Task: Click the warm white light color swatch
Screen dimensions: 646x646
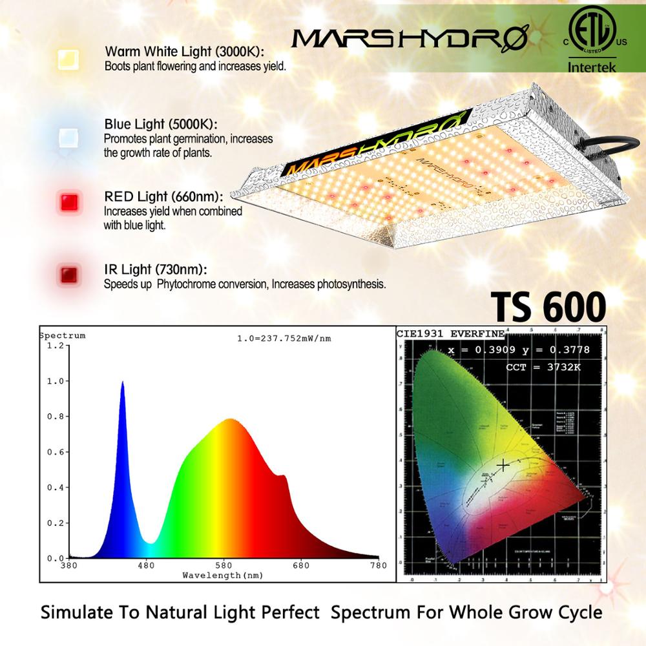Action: click(67, 59)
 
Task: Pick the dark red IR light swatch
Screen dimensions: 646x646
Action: click(67, 273)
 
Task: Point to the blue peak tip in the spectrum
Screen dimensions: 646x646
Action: click(122, 382)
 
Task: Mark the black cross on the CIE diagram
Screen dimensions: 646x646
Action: click(503, 464)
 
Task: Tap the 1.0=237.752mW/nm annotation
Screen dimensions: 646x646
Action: click(285, 339)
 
